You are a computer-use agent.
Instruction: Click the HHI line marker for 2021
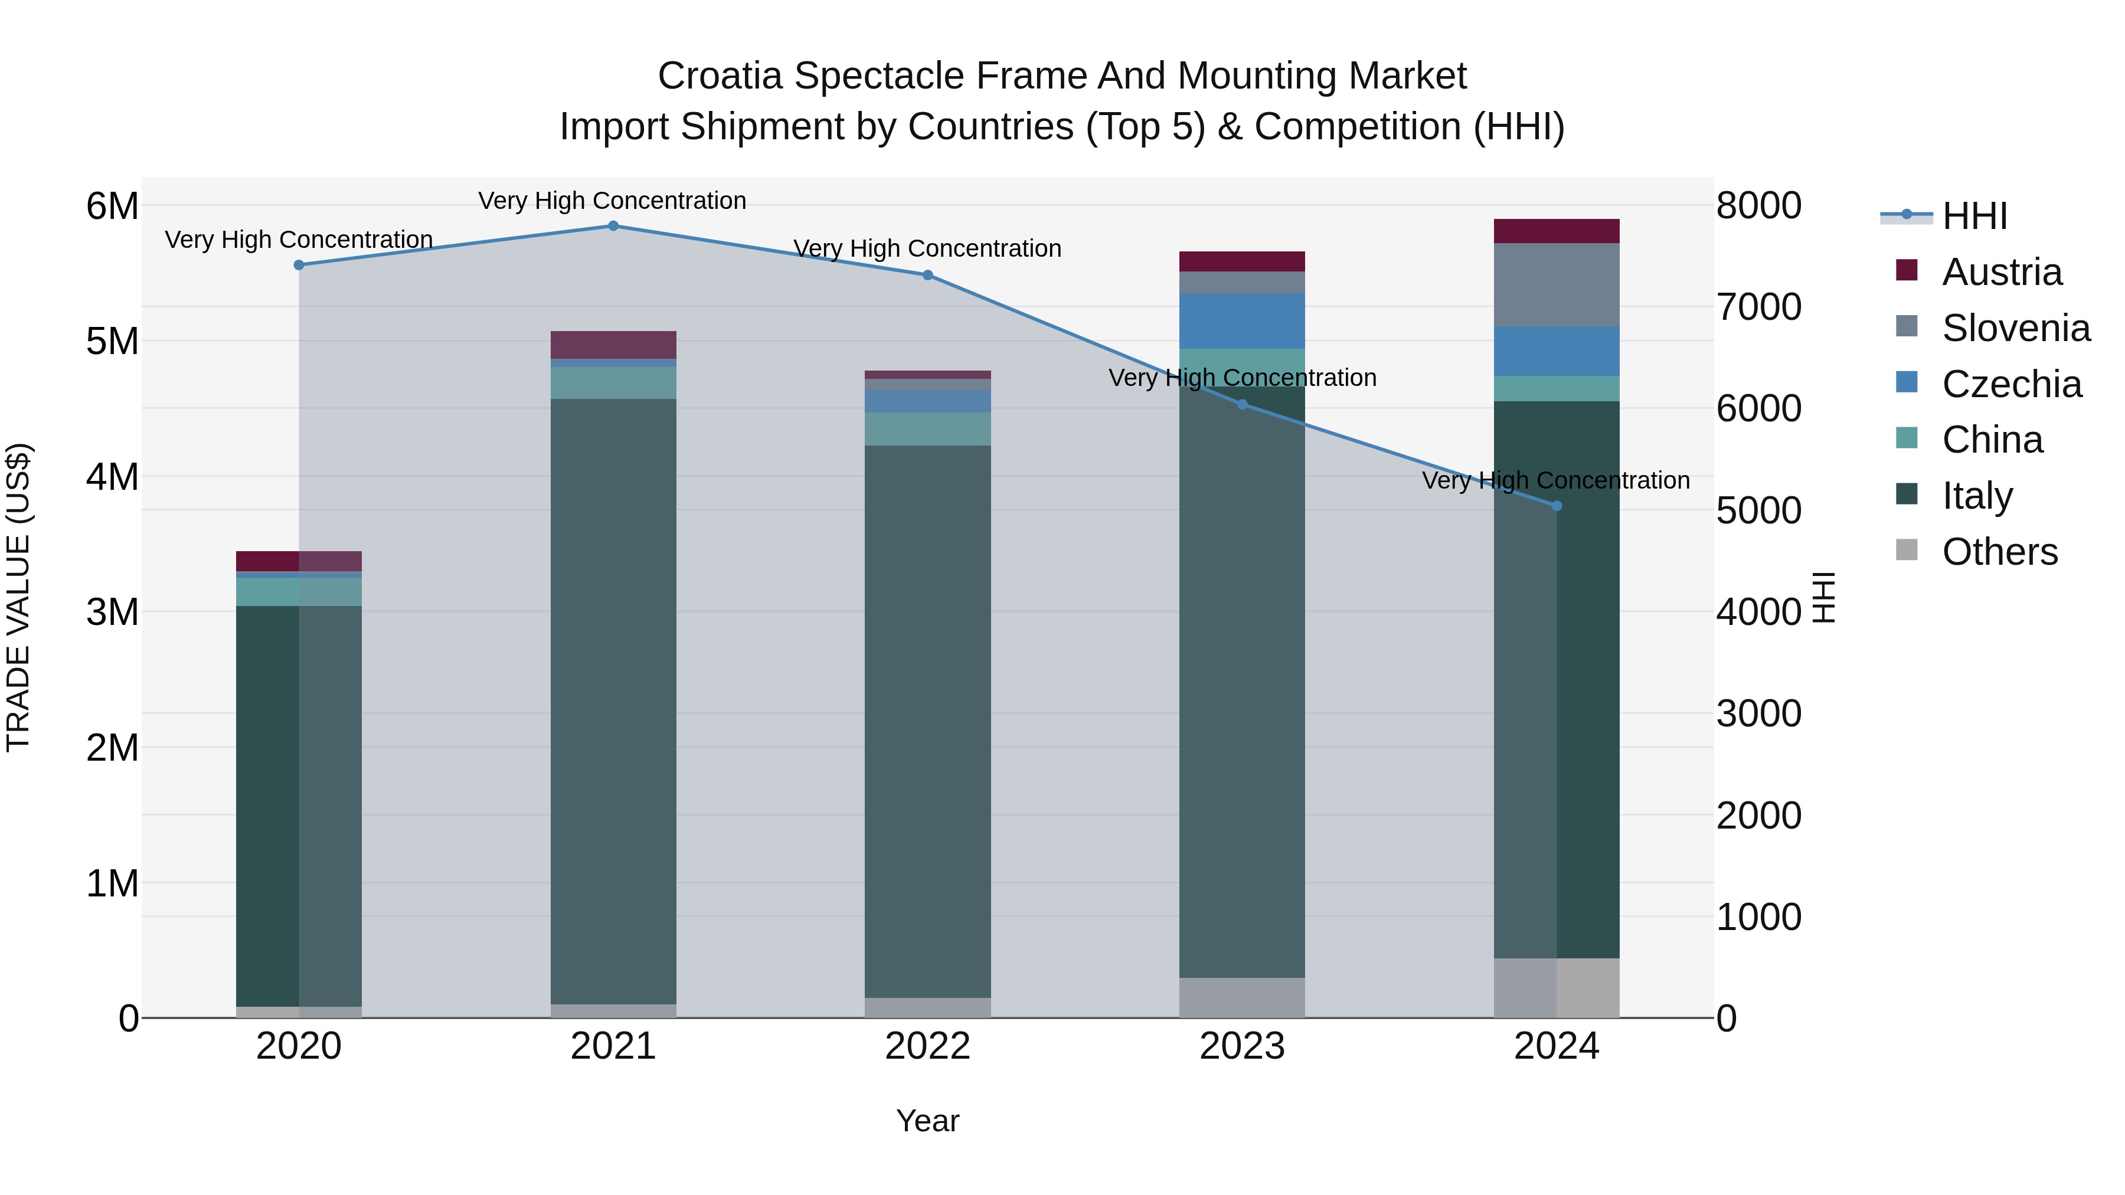(x=613, y=226)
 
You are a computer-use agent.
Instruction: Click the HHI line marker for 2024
(x=1557, y=506)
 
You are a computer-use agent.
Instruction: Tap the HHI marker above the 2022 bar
(x=928, y=276)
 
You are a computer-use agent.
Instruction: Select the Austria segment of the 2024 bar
(x=1557, y=231)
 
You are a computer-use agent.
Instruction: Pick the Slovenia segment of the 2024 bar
(x=1557, y=284)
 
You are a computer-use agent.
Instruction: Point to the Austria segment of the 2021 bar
(x=613, y=345)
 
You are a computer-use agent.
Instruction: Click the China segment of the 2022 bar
(x=928, y=429)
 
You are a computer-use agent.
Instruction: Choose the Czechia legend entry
(x=2011, y=384)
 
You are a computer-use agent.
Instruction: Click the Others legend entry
(x=2000, y=552)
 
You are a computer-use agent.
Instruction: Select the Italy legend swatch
(x=1907, y=495)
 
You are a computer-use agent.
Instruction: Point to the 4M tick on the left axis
(x=112, y=477)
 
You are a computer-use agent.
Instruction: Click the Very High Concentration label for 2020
(x=299, y=240)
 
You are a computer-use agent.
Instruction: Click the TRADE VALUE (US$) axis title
(x=19, y=597)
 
